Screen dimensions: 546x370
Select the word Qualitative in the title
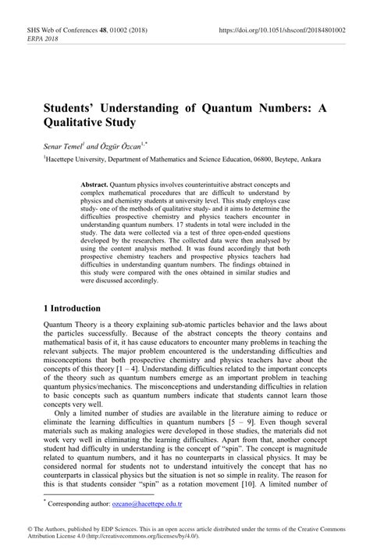click(x=80, y=122)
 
